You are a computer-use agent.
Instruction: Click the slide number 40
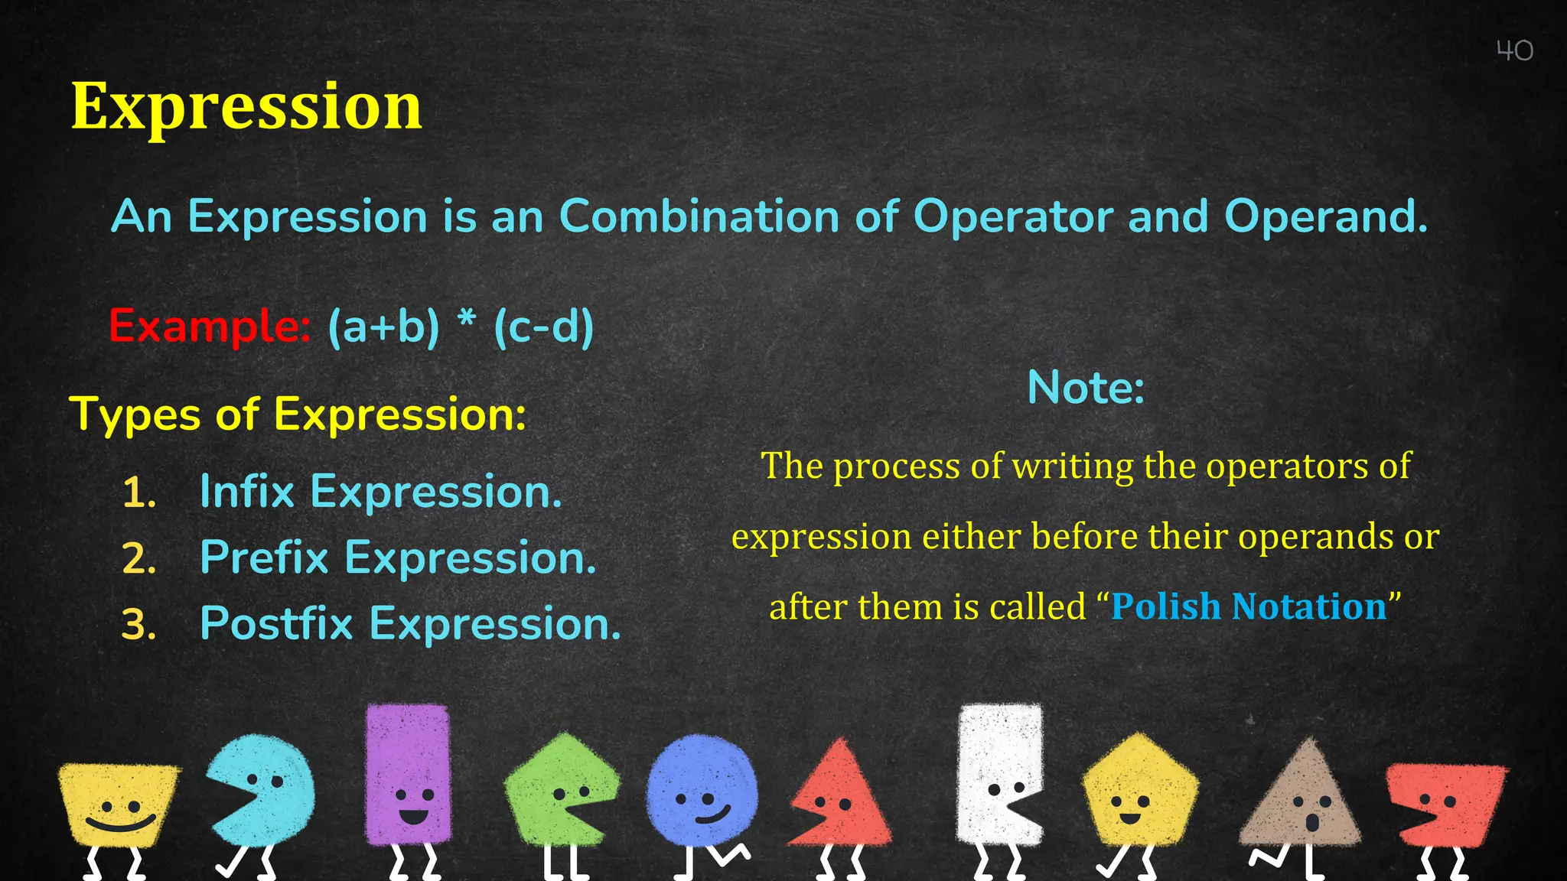tap(1514, 50)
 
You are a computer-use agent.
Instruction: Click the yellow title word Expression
tap(246, 106)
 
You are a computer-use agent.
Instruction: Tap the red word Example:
tap(209, 326)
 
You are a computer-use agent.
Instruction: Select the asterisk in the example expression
tap(467, 321)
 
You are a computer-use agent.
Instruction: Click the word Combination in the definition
tap(699, 216)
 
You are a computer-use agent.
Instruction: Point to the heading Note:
tap(1085, 388)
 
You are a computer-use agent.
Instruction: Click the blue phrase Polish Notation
tap(1249, 606)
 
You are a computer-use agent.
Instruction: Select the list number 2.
tap(138, 559)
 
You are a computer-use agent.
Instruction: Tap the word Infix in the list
tap(246, 491)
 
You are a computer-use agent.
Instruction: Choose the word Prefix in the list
tap(263, 558)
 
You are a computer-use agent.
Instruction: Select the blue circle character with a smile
tap(702, 792)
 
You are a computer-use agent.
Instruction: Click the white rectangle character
tap(999, 772)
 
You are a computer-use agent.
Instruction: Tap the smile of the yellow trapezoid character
tap(119, 824)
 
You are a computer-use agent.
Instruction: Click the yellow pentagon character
tap(1139, 792)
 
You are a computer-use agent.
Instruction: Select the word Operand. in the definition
tap(1326, 216)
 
